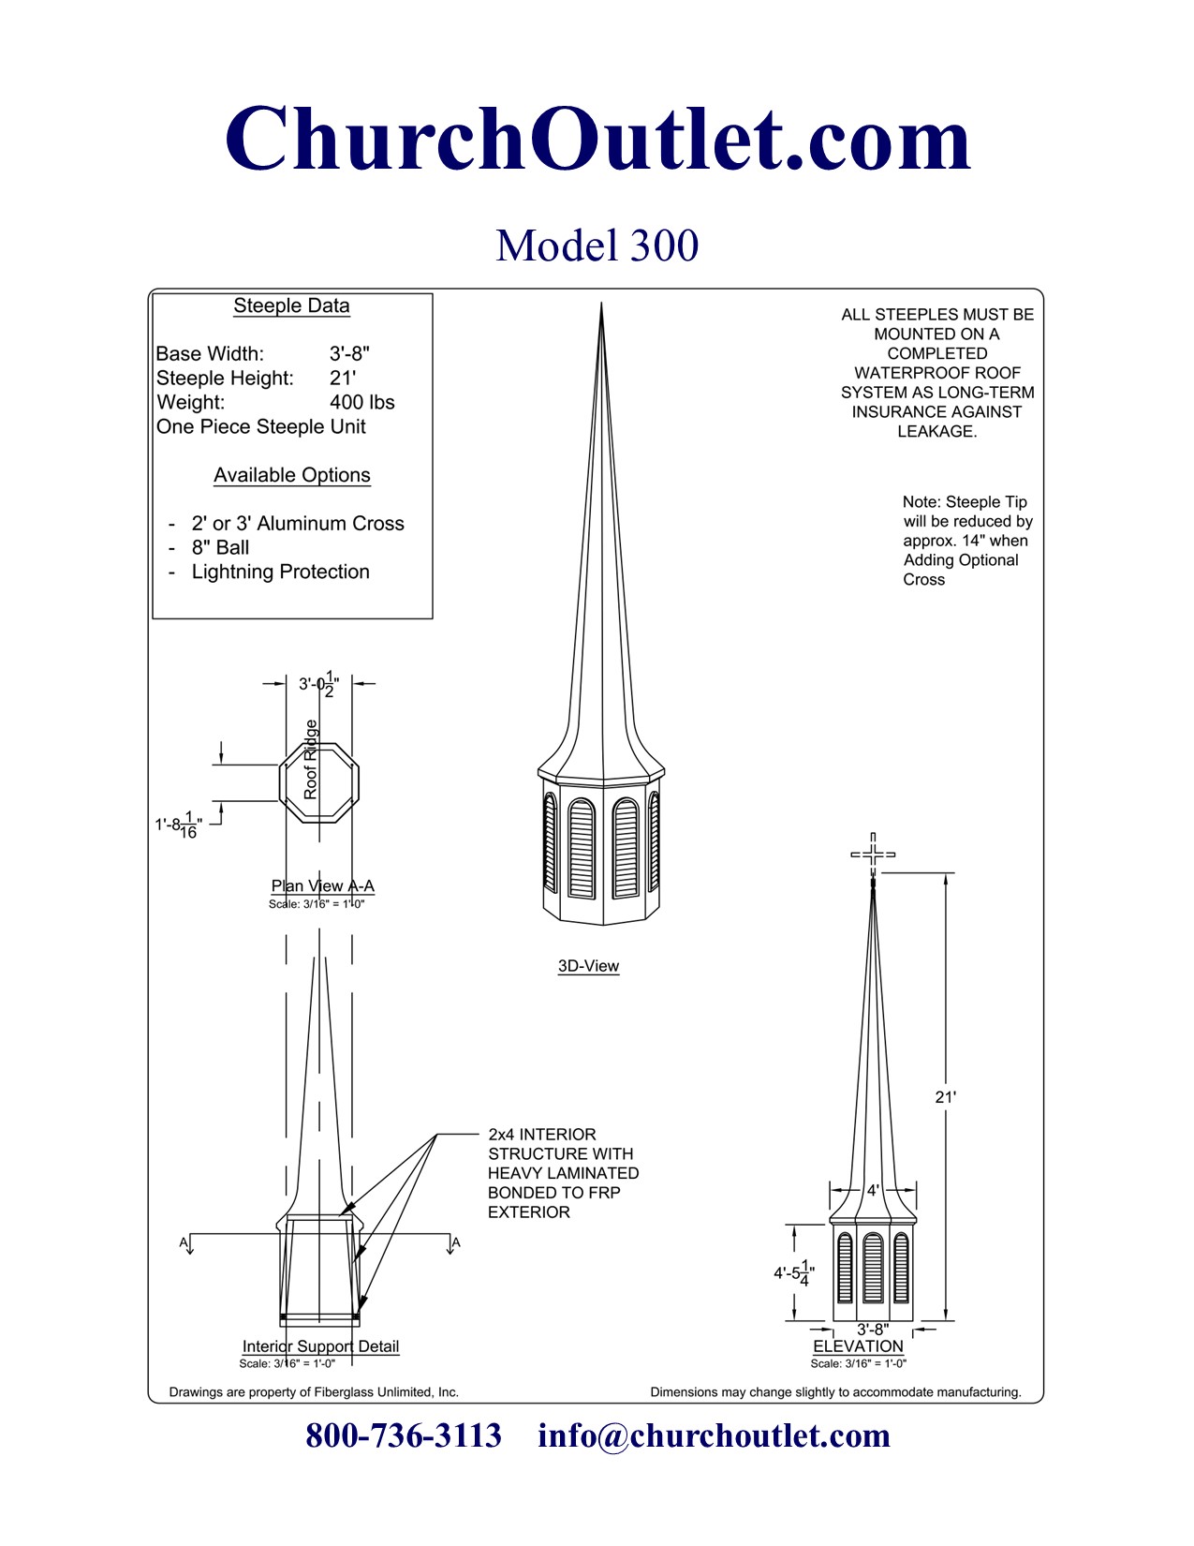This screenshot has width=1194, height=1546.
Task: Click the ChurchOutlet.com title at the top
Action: tap(597, 139)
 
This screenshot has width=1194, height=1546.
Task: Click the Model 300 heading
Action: tap(597, 245)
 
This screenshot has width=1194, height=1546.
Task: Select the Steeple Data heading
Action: tap(291, 306)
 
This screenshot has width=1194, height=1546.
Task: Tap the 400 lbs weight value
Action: tap(362, 402)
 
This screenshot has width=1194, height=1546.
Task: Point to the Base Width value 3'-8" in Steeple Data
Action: tap(349, 353)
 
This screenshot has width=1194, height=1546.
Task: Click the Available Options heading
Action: tap(292, 474)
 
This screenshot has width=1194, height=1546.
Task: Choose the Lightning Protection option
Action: tap(280, 572)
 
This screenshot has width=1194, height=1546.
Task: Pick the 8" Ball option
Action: tap(220, 547)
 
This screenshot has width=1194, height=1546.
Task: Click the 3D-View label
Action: tap(588, 965)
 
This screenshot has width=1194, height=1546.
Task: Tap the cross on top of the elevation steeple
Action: tap(873, 854)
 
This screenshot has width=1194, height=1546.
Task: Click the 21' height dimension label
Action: tap(945, 1097)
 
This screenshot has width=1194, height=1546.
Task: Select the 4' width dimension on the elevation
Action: tap(873, 1190)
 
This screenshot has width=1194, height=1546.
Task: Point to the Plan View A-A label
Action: tap(322, 885)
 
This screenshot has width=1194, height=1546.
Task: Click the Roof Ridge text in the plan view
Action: tap(310, 759)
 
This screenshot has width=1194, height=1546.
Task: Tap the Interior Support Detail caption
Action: tap(320, 1346)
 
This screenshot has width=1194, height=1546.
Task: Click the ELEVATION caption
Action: tap(859, 1346)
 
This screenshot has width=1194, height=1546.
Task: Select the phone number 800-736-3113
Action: tap(404, 1435)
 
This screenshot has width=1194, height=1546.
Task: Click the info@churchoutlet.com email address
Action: tap(714, 1435)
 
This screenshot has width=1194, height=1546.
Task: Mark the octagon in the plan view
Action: tap(319, 783)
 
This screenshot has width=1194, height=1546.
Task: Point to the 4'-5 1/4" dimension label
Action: tap(793, 1272)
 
